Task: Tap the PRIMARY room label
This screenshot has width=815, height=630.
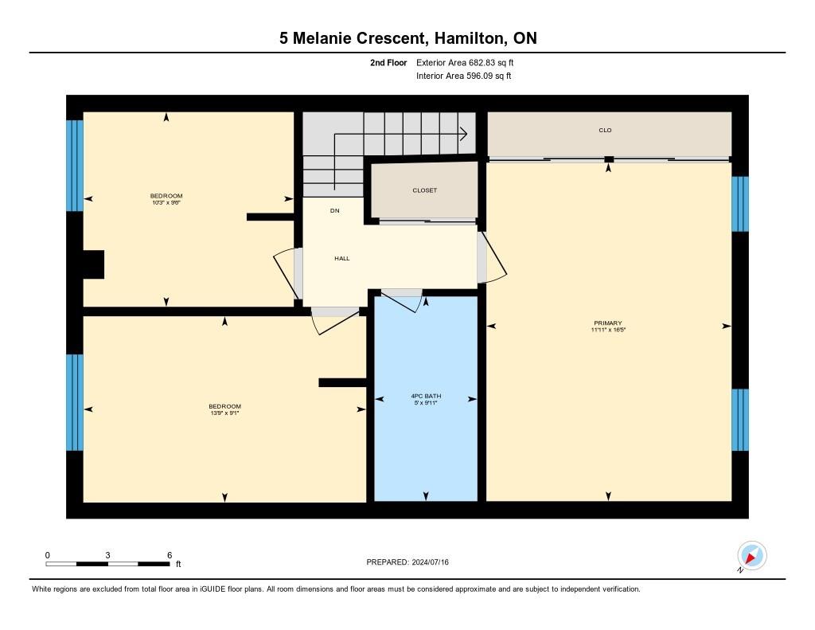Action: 606,323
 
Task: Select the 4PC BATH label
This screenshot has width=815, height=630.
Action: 426,396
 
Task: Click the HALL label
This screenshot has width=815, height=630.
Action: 341,258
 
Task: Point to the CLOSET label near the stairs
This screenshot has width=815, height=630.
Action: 424,190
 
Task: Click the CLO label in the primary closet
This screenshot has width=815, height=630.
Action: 605,130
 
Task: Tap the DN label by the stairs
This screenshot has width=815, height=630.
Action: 335,211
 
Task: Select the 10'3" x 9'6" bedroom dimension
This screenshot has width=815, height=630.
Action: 166,203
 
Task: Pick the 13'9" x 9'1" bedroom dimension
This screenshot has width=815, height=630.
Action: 224,413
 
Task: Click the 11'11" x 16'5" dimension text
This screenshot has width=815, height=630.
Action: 606,330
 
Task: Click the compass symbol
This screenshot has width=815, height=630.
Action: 751,556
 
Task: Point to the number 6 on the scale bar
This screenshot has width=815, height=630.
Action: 169,554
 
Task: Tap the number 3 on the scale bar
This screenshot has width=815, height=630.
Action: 107,554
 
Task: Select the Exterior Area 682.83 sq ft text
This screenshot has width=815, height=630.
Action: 470,62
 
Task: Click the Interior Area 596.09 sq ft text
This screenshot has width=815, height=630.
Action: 463,76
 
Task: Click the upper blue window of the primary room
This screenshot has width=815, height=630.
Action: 740,204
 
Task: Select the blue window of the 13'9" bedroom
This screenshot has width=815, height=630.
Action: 75,402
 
